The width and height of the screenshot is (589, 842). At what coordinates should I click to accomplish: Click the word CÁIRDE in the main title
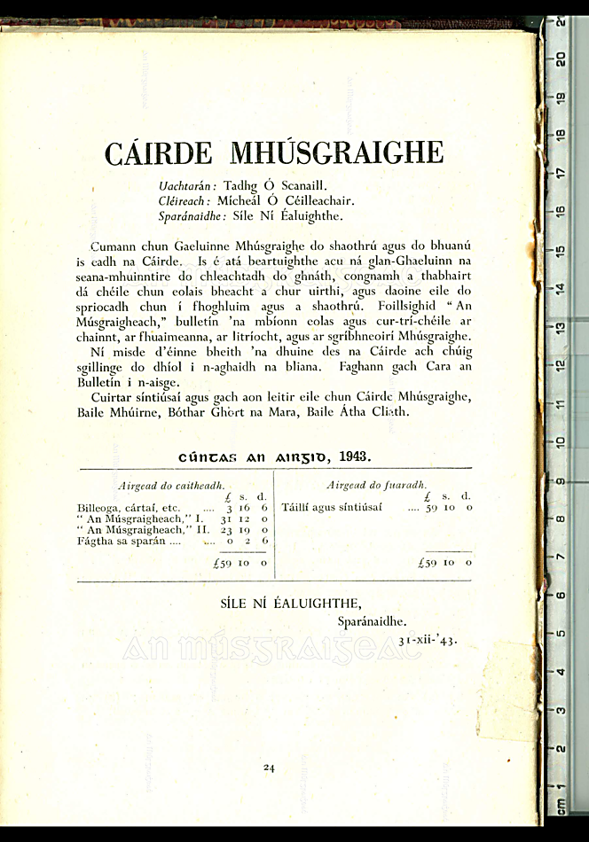coord(159,153)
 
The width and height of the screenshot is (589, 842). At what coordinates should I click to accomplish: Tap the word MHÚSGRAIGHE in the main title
coord(336,153)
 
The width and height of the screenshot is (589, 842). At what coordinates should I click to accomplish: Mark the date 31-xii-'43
coord(428,639)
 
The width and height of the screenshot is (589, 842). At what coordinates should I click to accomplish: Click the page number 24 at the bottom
coord(269,768)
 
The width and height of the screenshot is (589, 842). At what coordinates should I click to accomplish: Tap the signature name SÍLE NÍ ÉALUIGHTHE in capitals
coord(290,604)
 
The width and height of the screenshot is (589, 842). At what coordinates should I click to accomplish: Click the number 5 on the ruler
coord(561,633)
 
